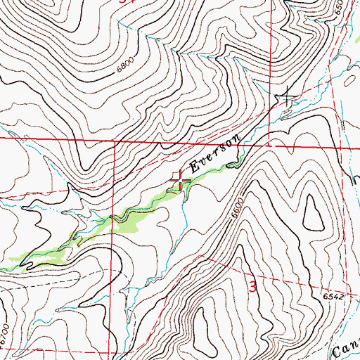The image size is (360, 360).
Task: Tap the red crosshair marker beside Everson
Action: (x=181, y=183)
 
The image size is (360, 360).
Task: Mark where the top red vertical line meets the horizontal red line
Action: (x=271, y=142)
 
